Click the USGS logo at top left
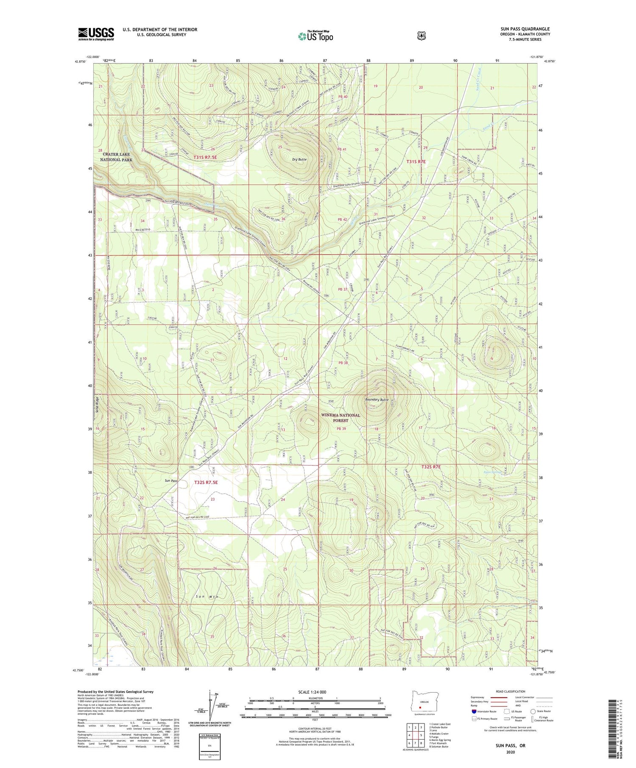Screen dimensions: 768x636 click(96, 34)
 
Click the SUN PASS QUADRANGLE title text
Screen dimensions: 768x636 click(525, 29)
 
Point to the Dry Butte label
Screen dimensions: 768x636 click(299, 159)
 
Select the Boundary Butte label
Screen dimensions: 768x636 click(377, 399)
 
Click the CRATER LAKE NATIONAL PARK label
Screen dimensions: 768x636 click(116, 157)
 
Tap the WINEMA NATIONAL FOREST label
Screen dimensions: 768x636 click(340, 418)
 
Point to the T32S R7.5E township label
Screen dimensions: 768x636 click(206, 482)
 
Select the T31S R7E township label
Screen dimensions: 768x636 click(416, 161)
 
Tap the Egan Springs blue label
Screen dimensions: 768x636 click(492, 472)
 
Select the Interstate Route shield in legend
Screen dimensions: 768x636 click(474, 712)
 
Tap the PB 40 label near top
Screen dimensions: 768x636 click(343, 97)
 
